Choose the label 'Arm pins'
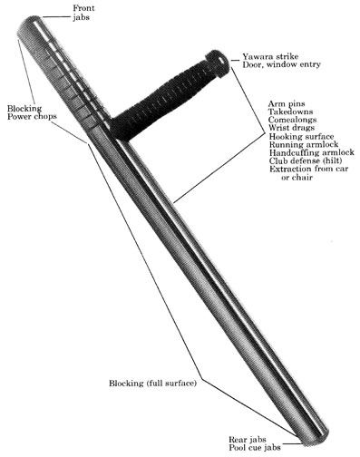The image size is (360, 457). (x=285, y=104)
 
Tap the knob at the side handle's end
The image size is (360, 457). (x=218, y=61)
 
